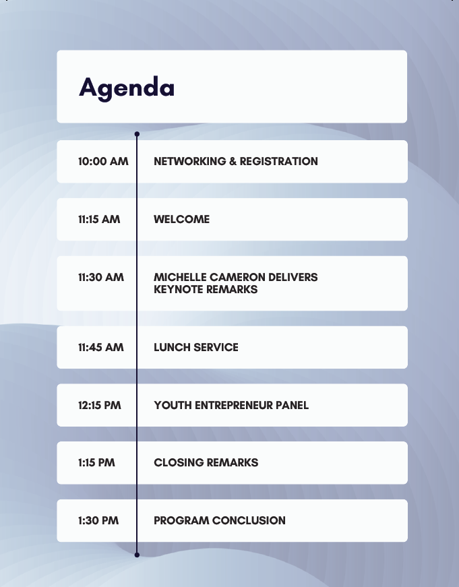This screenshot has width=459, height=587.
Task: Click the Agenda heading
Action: coord(127,88)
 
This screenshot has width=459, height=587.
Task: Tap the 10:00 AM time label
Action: coord(103,161)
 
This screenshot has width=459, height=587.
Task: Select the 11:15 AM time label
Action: coord(99,220)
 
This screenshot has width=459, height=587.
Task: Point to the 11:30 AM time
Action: coord(101,278)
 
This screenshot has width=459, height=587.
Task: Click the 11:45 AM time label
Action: coord(101,347)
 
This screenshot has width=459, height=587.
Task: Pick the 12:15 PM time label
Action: coord(100,406)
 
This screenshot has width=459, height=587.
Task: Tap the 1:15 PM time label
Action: coord(96,463)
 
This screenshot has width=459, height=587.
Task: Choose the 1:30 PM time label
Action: coord(98,521)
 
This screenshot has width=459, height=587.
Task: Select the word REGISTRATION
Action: coord(279,161)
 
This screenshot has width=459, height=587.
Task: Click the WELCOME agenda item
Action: coord(181,220)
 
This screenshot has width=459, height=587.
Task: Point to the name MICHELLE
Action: coord(180,278)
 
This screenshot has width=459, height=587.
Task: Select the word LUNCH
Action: coord(173,347)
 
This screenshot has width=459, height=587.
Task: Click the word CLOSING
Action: coord(179,463)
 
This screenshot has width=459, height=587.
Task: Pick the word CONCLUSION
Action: coord(249,521)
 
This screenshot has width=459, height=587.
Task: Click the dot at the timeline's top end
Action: coord(137,134)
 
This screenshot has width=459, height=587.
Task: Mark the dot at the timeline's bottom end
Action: coord(137,555)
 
